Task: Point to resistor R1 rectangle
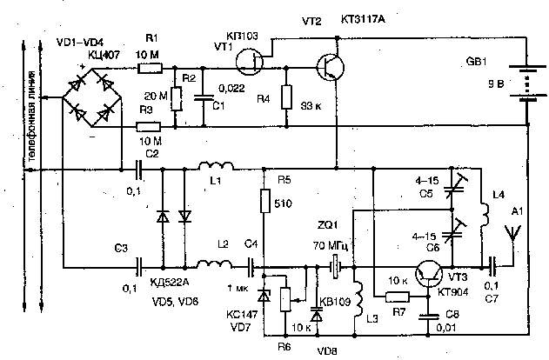tap(152, 67)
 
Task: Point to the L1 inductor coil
tap(212, 167)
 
